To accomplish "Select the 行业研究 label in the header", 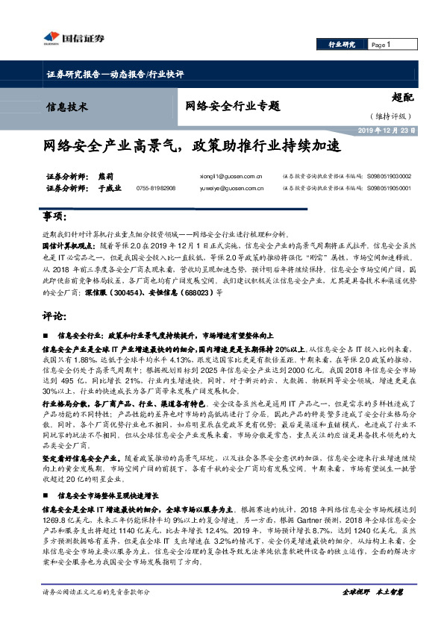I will (342, 45).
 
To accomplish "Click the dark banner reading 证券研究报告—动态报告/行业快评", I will (110, 75).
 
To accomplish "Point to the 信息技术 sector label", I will (67, 106).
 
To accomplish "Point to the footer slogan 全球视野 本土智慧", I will (372, 591).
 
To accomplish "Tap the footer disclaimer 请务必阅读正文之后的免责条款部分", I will (97, 591).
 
